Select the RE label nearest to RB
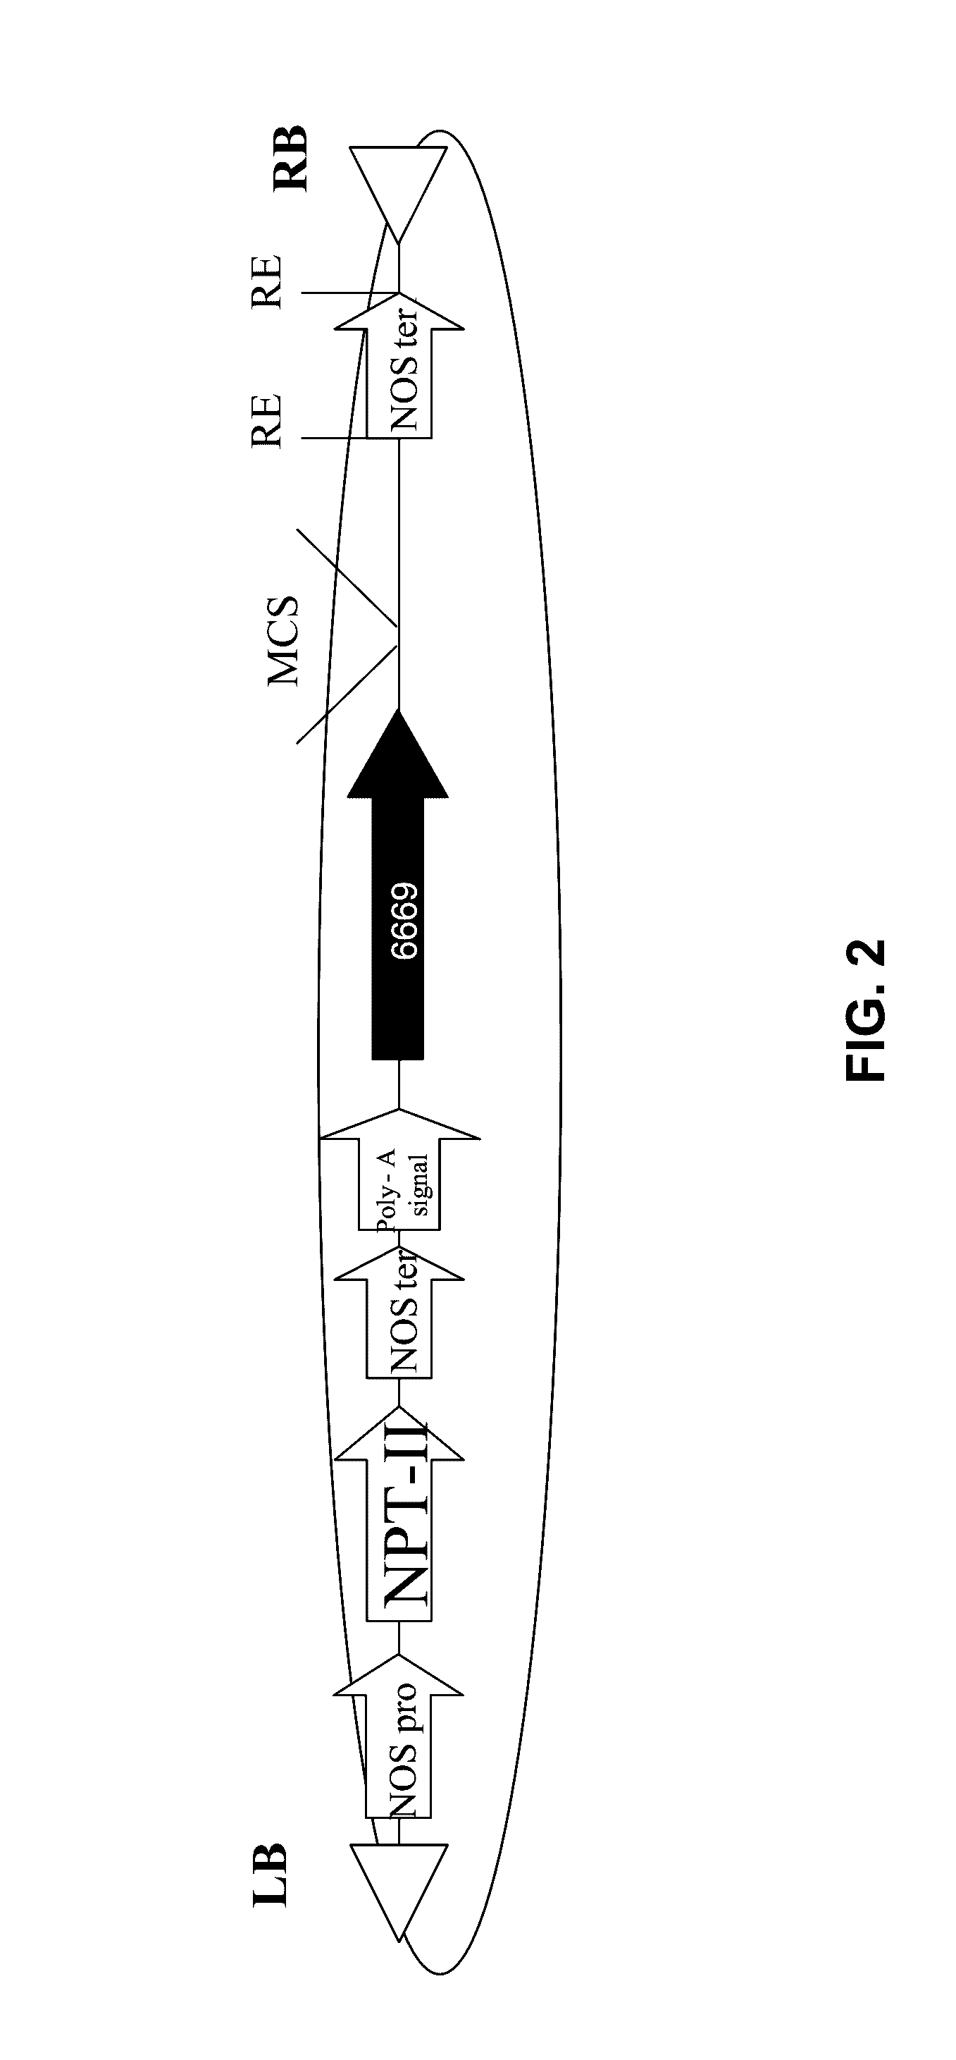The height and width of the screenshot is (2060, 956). click(x=266, y=281)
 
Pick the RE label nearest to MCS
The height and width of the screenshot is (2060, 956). click(x=266, y=420)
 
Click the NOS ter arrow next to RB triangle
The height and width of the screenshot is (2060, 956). click(x=399, y=364)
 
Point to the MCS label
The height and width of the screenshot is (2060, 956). click(x=283, y=642)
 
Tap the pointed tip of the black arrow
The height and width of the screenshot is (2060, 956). click(x=398, y=709)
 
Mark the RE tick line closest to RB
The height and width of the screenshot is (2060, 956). click(x=350, y=293)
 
